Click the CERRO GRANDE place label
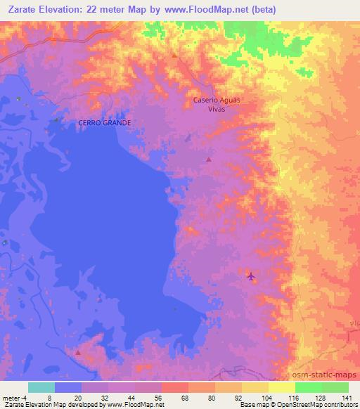point(105,122)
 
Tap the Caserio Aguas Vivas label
point(217,104)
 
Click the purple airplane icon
point(251,276)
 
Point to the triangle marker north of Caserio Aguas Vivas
point(174,55)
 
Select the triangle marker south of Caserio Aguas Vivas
point(208,160)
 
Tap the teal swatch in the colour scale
point(41,387)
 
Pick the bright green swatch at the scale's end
point(335,387)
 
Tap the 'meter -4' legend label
point(15,397)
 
